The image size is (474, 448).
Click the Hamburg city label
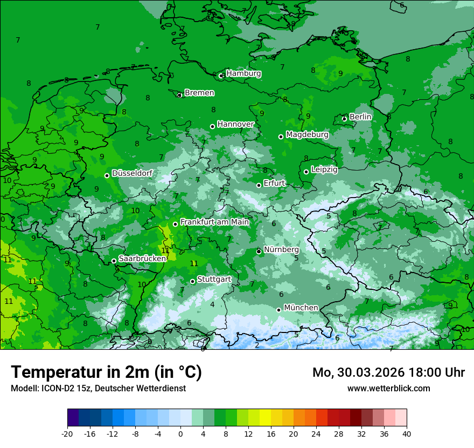[243, 73]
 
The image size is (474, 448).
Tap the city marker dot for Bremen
[179, 94]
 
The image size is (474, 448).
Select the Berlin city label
[360, 117]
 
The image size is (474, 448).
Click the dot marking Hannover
[212, 126]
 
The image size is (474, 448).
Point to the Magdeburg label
[307, 134]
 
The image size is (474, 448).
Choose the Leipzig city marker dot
[306, 172]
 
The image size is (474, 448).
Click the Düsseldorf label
[132, 173]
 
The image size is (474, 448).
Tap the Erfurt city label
[274, 184]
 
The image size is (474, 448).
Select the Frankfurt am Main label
[214, 222]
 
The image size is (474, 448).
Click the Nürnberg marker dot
[259, 251]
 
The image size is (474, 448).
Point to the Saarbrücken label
[142, 259]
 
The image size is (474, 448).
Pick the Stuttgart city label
[214, 280]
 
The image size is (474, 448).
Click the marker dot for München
[278, 310]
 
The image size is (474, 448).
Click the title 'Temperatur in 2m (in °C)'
[106, 372]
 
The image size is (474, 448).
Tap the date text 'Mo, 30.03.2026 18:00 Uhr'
[388, 372]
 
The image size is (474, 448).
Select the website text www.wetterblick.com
[388, 388]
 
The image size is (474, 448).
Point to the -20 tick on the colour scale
[67, 433]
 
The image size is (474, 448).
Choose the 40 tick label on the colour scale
[407, 433]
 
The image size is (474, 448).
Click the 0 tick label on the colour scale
[180, 433]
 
